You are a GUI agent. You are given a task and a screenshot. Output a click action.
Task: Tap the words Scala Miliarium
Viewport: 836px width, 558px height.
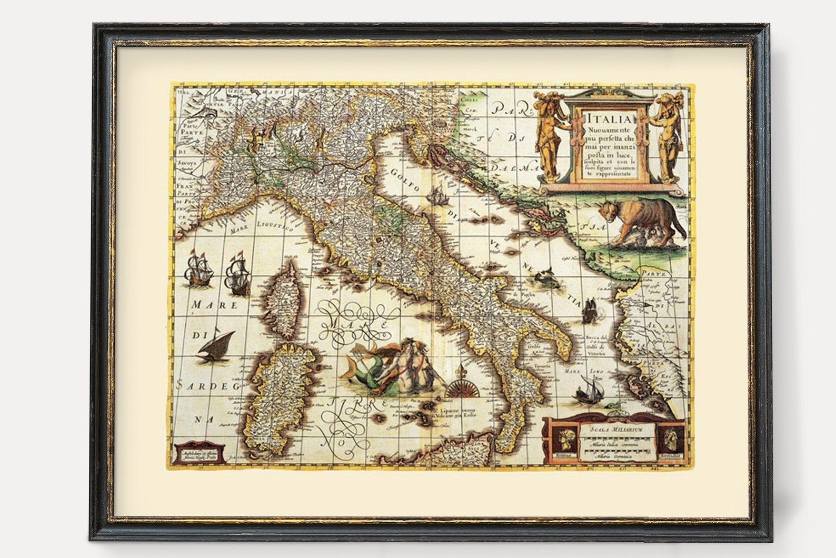pyautogui.click(x=616, y=430)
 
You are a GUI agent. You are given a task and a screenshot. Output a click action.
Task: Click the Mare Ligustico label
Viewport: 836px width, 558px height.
pyautogui.click(x=261, y=227)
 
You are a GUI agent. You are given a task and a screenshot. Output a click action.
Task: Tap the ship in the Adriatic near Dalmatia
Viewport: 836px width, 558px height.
pyautogui.click(x=439, y=195)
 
